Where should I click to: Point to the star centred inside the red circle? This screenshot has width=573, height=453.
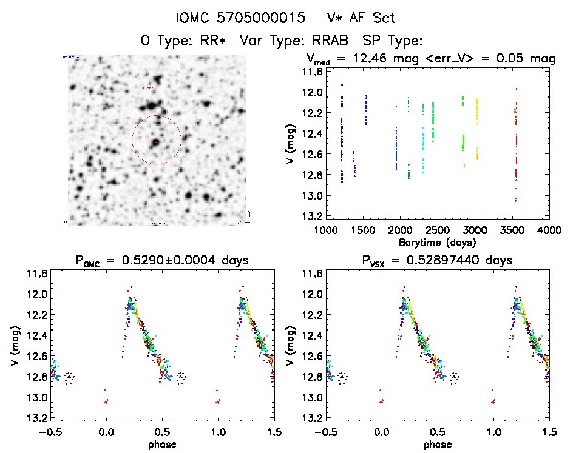156,143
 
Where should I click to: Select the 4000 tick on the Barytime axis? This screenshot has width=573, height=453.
549,230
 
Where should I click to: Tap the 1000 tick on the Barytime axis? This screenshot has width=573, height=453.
326,230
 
